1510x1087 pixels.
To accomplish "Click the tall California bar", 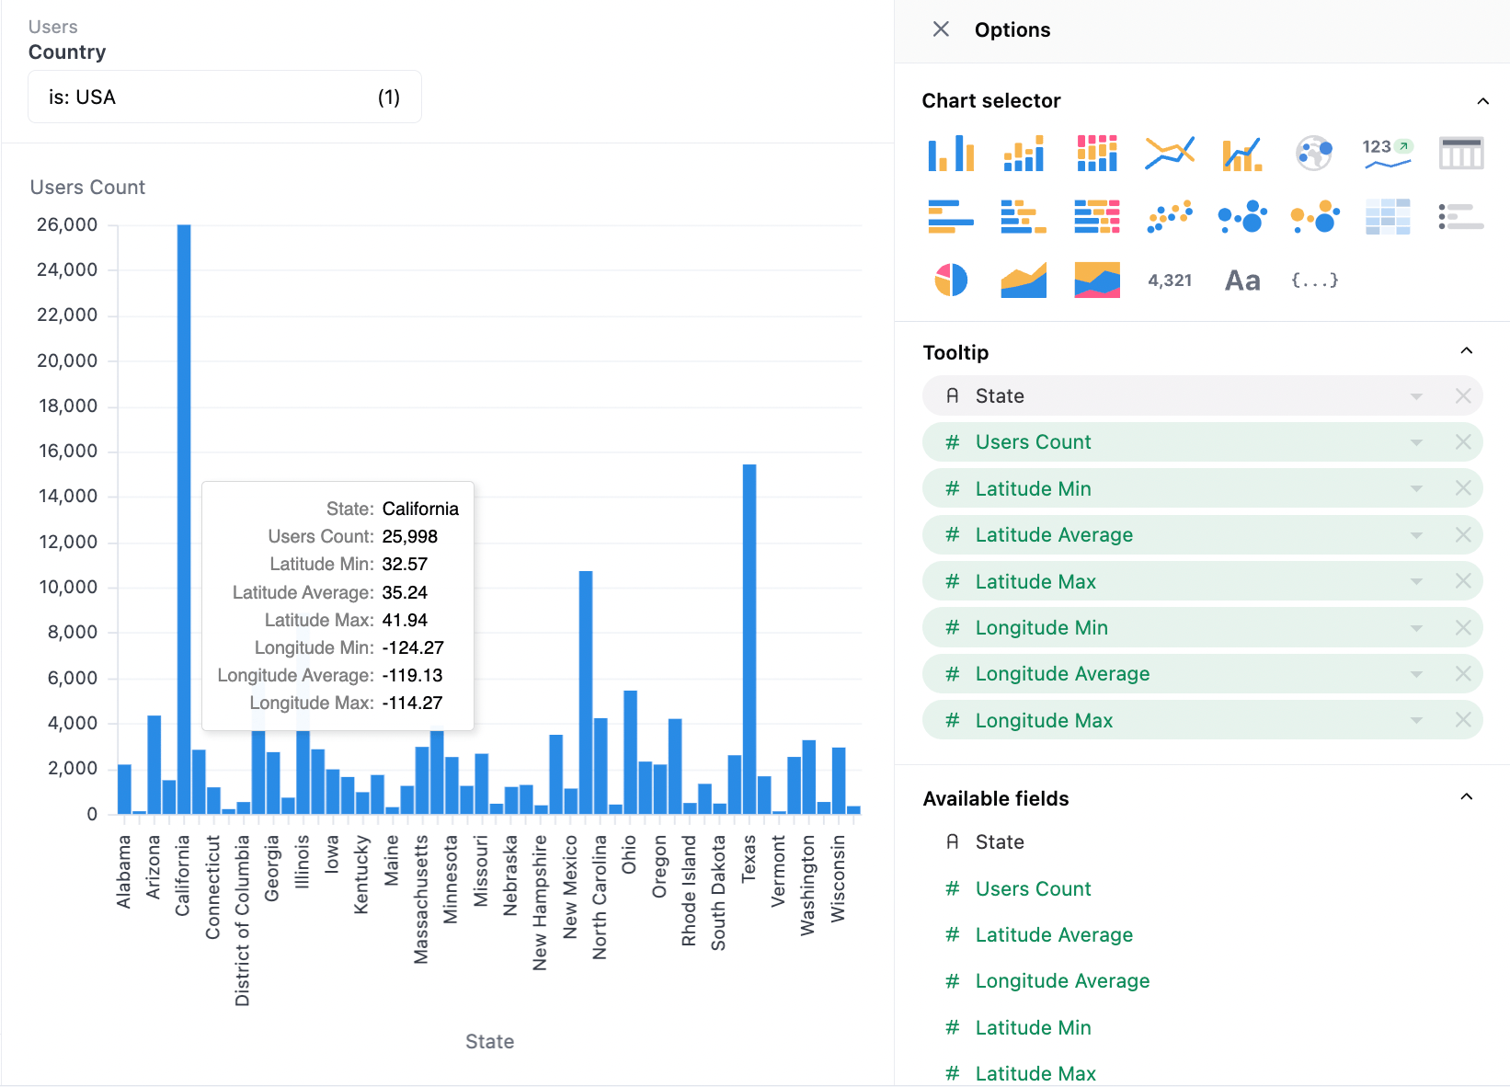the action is coord(184,519).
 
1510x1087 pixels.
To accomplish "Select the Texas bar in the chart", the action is coord(749,638).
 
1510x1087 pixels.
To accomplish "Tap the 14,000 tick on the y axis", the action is coord(68,497).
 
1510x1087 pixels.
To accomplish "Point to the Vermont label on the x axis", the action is coord(779,871).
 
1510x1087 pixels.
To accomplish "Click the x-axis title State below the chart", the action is coord(490,1041).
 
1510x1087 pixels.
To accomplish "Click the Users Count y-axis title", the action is coord(87,187).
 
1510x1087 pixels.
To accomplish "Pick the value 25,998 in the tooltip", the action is coord(410,536).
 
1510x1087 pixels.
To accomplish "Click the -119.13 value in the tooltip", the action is coord(413,675).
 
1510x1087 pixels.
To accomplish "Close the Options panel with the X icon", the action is coord(941,29).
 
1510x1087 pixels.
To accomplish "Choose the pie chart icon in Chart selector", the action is coord(951,280).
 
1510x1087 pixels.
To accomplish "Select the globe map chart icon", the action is coord(1314,153).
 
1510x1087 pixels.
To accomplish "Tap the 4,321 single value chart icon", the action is coord(1170,280).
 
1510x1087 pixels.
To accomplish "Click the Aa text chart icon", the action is coord(1242,280).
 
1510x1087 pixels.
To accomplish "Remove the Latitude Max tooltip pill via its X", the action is coord(1463,581).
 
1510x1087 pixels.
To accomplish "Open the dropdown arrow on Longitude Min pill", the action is coord(1416,628).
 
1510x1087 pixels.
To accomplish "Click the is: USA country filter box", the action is coord(224,97).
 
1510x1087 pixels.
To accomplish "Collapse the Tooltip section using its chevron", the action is coord(1466,350).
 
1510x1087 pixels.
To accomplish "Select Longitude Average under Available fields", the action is coord(1062,980).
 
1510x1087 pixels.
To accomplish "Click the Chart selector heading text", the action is coord(991,100).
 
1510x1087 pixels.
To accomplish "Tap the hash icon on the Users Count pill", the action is coord(952,442).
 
